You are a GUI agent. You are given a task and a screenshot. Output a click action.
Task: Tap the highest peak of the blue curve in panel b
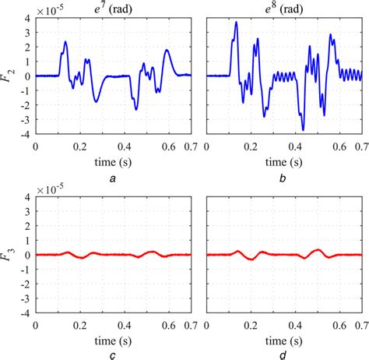point(236,23)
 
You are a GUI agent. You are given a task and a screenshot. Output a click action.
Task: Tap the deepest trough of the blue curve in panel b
point(303,129)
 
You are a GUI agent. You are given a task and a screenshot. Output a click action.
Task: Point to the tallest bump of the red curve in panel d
point(317,249)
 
